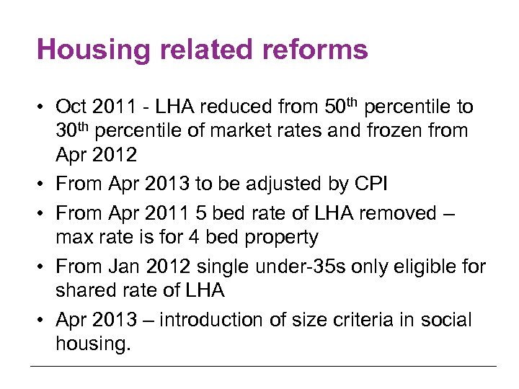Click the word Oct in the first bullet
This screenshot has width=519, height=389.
coord(71,107)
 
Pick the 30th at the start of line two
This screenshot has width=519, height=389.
coord(72,131)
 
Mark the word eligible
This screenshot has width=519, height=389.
coord(421,267)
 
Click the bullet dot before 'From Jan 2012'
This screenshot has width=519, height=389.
coord(41,267)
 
